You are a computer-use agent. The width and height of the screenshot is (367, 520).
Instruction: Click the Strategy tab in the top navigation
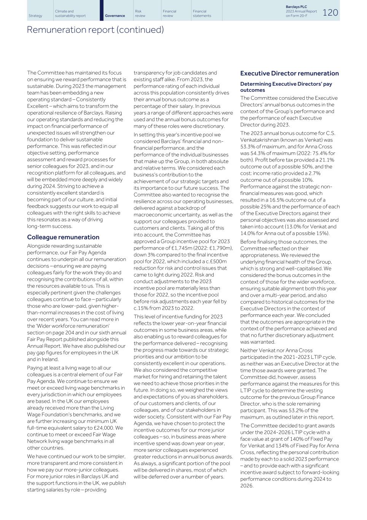(x=35, y=16)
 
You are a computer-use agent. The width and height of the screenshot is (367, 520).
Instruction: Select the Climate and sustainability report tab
(x=70, y=14)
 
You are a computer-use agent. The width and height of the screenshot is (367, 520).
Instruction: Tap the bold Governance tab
(x=115, y=16)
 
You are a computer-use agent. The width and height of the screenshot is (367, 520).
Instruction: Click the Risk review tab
(x=140, y=14)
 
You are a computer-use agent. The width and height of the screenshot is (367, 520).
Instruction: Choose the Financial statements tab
(x=202, y=14)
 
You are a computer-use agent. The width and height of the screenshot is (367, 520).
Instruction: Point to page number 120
(x=330, y=13)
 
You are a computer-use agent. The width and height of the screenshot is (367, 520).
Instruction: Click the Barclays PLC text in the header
(x=296, y=7)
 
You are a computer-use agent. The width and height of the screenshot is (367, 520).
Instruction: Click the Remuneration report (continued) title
(x=95, y=30)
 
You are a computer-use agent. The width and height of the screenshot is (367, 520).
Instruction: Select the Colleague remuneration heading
(x=63, y=237)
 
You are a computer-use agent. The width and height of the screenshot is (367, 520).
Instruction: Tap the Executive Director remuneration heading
(x=289, y=74)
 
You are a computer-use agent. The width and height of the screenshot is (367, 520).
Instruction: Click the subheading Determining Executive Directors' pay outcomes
(x=286, y=87)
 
